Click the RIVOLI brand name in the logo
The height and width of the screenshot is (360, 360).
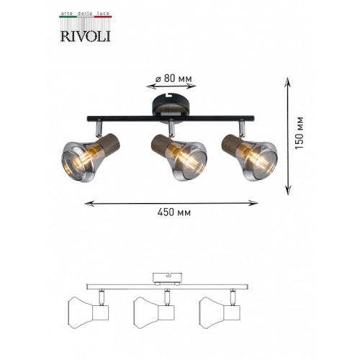pyautogui.click(x=85, y=36)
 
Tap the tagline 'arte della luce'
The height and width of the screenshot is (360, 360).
pyautogui.click(x=85, y=14)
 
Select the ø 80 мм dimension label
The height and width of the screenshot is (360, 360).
pyautogui.click(x=174, y=78)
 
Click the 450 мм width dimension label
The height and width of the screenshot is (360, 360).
pyautogui.click(x=174, y=212)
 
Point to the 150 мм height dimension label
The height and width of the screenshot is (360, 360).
pyautogui.click(x=299, y=132)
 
